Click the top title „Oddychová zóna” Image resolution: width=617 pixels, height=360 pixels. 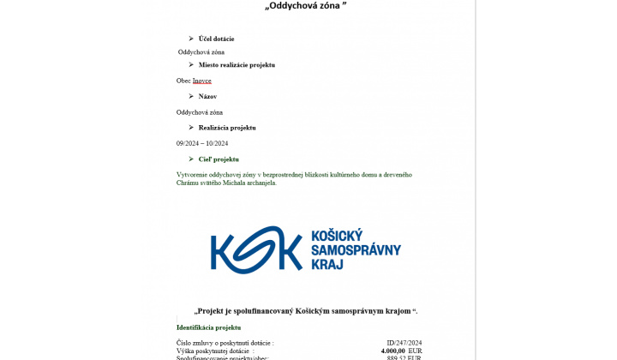click(306, 7)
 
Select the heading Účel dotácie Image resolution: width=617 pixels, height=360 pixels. click(216, 39)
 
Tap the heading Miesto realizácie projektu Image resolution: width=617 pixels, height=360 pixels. click(237, 65)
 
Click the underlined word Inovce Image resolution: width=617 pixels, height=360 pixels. click(202, 81)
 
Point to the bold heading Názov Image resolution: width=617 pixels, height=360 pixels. click(207, 96)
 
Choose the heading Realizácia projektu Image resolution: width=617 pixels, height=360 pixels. click(227, 128)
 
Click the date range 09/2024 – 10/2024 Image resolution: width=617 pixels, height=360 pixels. click(202, 143)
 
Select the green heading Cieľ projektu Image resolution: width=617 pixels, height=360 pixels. click(219, 159)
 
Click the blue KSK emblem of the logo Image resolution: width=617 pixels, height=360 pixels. click(256, 249)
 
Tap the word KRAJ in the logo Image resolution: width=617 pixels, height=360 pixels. click(326, 265)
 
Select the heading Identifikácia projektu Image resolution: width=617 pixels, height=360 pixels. click(208, 327)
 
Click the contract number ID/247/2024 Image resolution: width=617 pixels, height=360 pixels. click(404, 343)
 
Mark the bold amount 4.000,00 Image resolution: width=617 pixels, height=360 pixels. click(392, 351)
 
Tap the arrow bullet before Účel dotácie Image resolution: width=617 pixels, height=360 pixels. click(190, 39)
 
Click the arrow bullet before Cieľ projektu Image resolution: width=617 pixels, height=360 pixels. click(190, 159)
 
